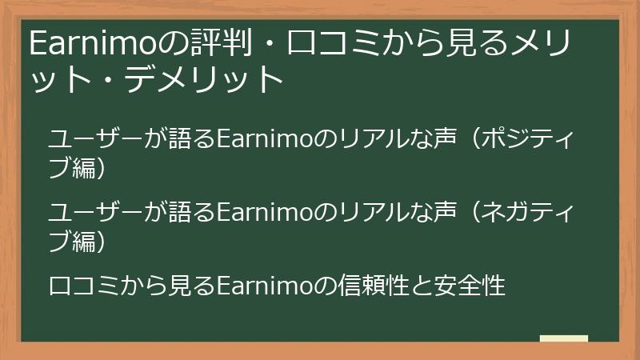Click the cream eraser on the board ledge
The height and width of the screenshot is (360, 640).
(564, 338)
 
